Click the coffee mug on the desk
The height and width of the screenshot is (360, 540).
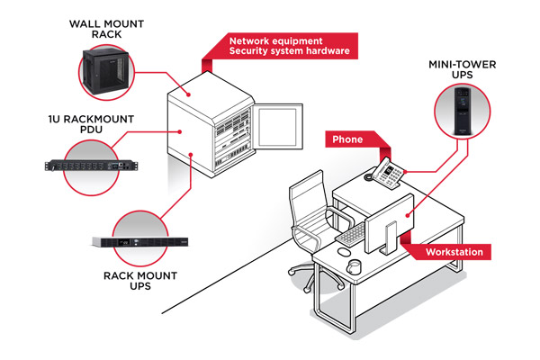[x=355, y=267]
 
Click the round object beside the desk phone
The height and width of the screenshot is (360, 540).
[x=369, y=177]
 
